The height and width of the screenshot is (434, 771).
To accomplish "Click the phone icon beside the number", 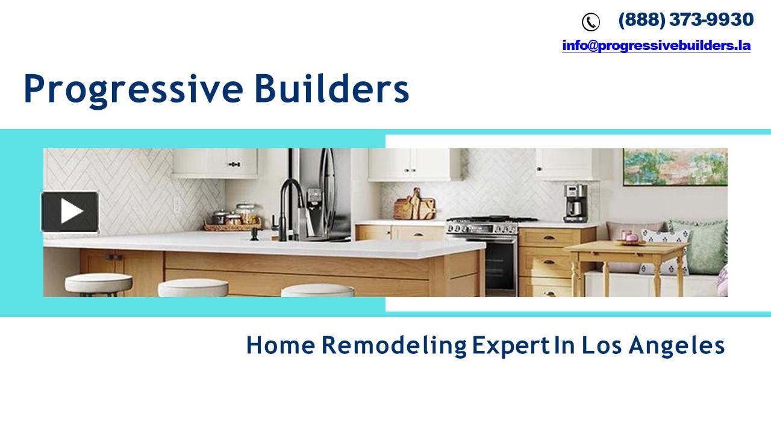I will (590, 22).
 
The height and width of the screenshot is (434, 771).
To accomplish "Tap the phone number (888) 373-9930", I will (685, 20).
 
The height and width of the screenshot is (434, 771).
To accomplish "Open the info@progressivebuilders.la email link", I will (656, 45).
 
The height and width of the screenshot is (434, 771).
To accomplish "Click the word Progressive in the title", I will (133, 89).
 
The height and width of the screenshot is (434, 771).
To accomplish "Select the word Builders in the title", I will (331, 89).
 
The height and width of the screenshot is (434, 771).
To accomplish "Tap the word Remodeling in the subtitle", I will (394, 346).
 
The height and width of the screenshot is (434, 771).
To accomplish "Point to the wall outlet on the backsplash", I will (177, 206).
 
